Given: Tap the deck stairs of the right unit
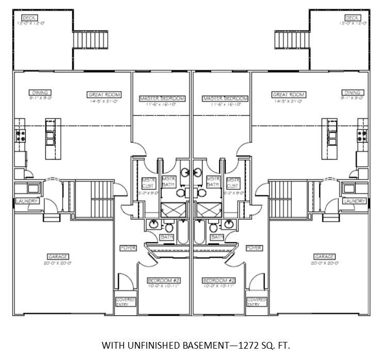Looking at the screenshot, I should [287, 39].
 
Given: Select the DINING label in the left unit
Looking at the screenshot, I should [40, 93].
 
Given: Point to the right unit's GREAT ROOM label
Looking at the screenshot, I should [289, 95].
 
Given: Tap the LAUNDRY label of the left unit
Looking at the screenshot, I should [26, 201].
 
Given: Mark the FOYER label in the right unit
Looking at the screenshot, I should [254, 248].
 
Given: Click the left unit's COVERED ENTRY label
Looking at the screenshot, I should [125, 302].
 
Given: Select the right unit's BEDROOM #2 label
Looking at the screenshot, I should [219, 281].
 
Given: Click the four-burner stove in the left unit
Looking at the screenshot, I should [21, 136].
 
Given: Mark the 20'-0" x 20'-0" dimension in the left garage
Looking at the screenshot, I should [58, 263].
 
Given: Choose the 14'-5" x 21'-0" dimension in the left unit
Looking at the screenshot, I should [104, 101].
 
